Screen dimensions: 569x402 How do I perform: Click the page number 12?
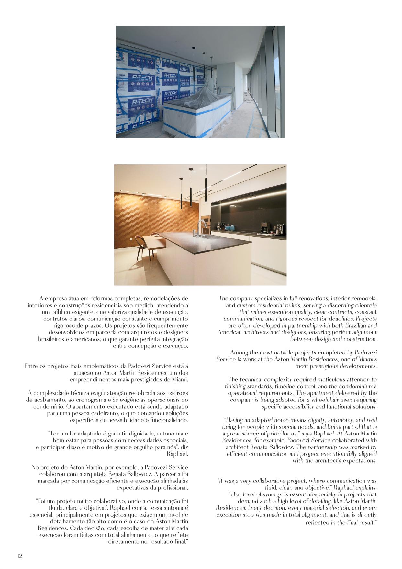click(x=19, y=556)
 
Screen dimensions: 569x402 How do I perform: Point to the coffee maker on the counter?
click(x=264, y=227)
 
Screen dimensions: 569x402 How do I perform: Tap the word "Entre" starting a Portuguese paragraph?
click(x=31, y=366)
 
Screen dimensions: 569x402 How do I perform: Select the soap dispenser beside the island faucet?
click(x=195, y=232)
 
